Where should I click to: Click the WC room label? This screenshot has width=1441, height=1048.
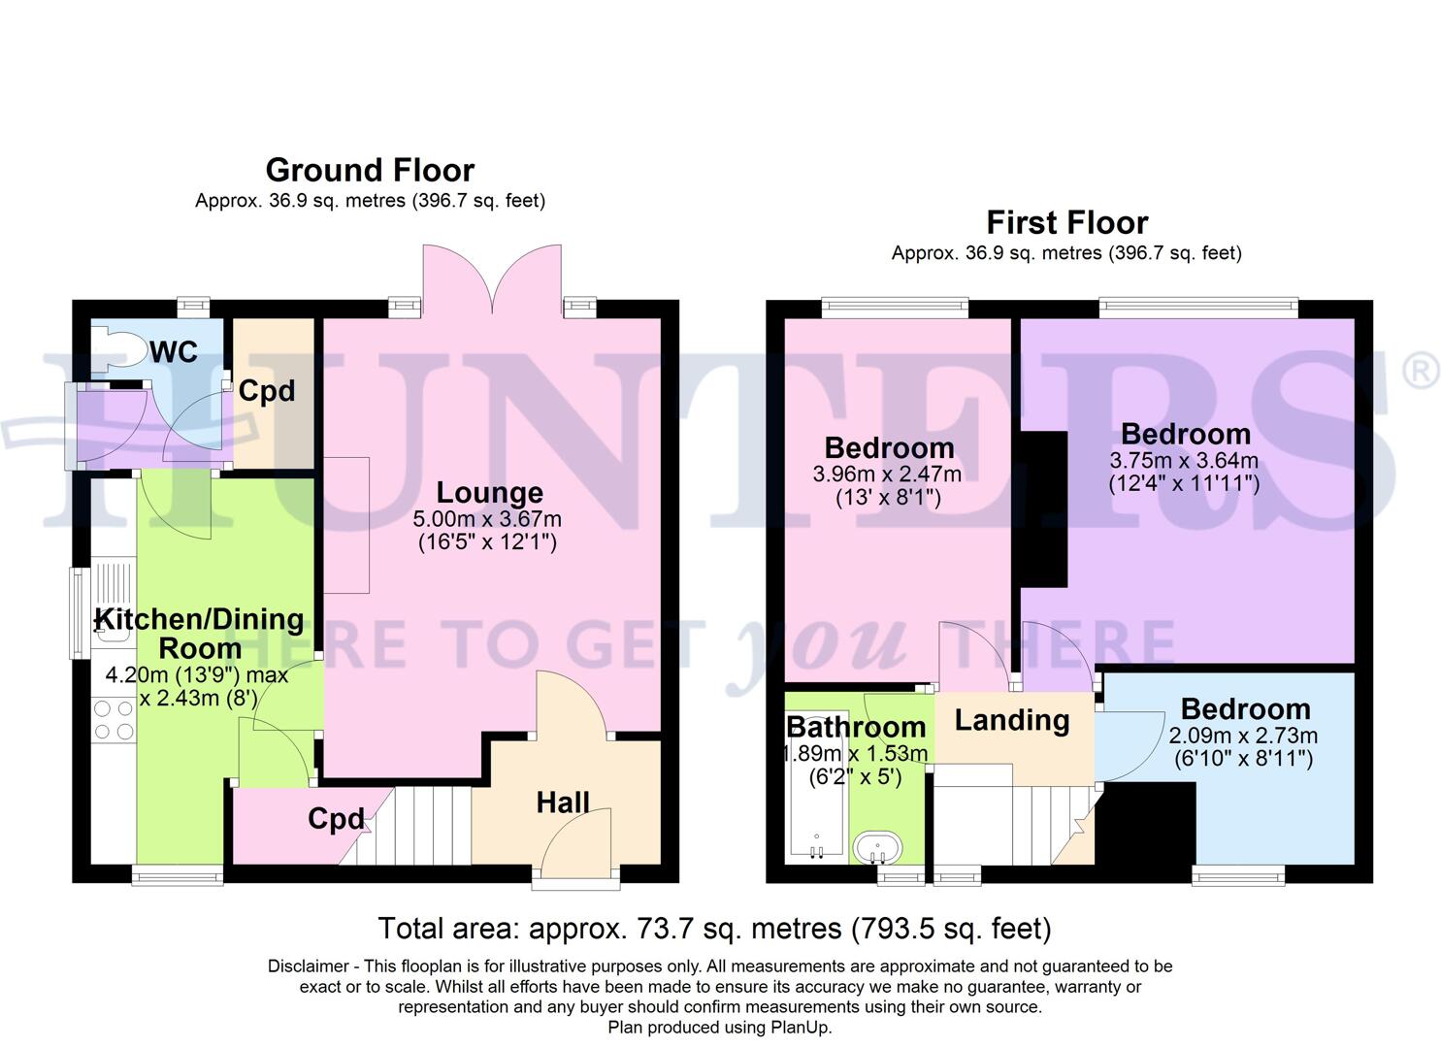[x=174, y=351]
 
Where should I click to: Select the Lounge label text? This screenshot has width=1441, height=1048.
[x=489, y=492]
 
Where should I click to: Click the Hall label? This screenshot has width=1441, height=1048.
[x=563, y=802]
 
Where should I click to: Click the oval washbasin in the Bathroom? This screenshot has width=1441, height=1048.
[x=877, y=847]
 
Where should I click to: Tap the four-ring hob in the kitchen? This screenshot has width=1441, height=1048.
[x=113, y=720]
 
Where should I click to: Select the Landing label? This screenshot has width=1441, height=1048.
[x=1012, y=720]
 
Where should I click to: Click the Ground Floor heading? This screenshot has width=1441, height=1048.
[x=370, y=170]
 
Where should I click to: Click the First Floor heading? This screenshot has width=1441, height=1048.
[x=1066, y=222]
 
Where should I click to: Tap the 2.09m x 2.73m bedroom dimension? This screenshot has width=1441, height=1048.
[x=1243, y=736]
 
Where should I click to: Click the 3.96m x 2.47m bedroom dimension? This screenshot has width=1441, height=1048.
[x=888, y=475]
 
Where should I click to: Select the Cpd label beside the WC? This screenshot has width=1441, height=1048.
[x=266, y=391]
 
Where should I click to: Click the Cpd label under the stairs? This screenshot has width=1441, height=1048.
[x=336, y=819]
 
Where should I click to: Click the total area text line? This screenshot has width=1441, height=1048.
[x=714, y=929]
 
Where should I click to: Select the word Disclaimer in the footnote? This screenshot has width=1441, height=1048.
[x=308, y=966]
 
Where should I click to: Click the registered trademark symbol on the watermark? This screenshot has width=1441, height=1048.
[x=1421, y=371]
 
